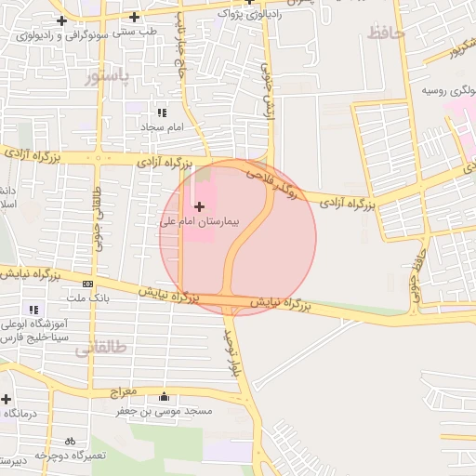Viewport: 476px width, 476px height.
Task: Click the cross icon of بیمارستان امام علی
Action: (x=199, y=205)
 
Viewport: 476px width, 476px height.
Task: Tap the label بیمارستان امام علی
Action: (x=199, y=223)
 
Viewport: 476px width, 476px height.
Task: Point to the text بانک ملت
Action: (x=87, y=298)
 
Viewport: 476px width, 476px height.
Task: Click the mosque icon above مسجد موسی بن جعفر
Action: (x=165, y=396)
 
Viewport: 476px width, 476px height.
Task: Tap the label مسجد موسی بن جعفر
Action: (x=171, y=410)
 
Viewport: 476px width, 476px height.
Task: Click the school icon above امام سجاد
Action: (x=162, y=112)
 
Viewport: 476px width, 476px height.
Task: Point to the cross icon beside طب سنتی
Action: (x=135, y=17)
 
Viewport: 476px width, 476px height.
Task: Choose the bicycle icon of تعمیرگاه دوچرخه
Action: (x=70, y=442)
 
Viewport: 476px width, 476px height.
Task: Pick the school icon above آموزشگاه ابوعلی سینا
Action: (x=34, y=310)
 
